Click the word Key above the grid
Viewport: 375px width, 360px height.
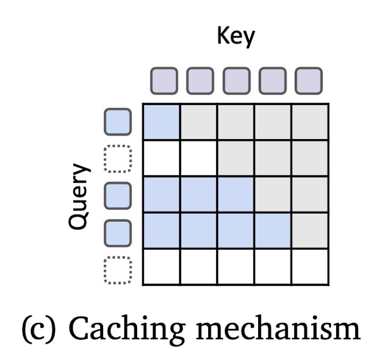[236, 36]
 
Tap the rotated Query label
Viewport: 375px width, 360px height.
[79, 196]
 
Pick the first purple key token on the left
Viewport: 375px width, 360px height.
[163, 80]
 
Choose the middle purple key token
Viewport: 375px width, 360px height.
[236, 80]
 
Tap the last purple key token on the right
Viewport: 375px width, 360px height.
[309, 80]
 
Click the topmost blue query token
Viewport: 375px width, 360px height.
[117, 122]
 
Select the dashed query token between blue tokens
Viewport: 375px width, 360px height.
[117, 159]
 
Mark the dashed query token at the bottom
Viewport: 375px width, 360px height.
[117, 270]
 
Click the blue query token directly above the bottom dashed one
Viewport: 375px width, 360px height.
[117, 233]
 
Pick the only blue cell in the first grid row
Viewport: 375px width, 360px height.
[162, 122]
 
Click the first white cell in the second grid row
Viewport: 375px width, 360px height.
[162, 158]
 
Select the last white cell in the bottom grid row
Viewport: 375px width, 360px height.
[310, 267]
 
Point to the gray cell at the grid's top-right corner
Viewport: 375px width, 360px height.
[310, 122]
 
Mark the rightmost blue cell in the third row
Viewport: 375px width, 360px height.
[236, 194]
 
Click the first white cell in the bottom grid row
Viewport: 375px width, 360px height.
[162, 267]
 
